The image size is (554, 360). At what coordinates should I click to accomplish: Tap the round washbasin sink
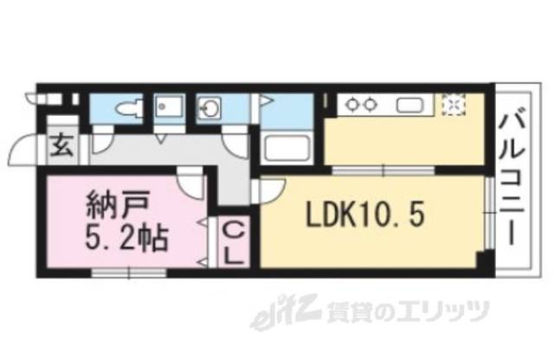pos(209,109)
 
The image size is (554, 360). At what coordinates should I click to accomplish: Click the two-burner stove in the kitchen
pos(361,104)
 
